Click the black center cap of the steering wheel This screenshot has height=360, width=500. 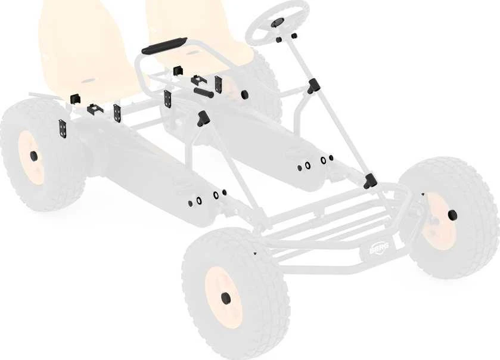276,23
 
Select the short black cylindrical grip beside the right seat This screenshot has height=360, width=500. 203,93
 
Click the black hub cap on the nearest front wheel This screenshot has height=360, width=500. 226,297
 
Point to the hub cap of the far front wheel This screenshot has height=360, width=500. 452,215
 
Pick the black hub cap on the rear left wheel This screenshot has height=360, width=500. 33,156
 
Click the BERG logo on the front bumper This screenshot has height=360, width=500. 379,247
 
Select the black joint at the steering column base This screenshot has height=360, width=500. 370,181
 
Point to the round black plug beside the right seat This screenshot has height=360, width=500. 244,94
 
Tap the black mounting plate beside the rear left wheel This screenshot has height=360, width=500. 63,129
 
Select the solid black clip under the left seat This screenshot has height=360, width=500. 75,99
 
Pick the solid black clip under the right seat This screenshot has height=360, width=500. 178,71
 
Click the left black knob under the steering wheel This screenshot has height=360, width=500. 278,40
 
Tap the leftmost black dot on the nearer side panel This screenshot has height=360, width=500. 190,203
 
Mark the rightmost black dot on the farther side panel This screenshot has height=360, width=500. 331,157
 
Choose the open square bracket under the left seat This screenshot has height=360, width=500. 95,109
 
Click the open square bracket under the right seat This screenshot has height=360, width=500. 198,80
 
